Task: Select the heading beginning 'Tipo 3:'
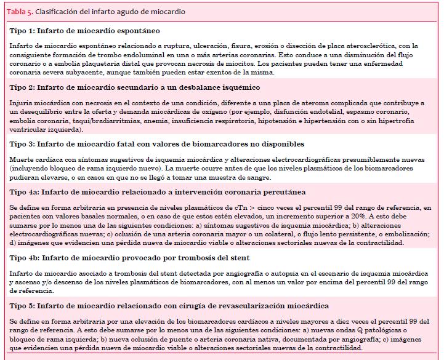tap(156, 144)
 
